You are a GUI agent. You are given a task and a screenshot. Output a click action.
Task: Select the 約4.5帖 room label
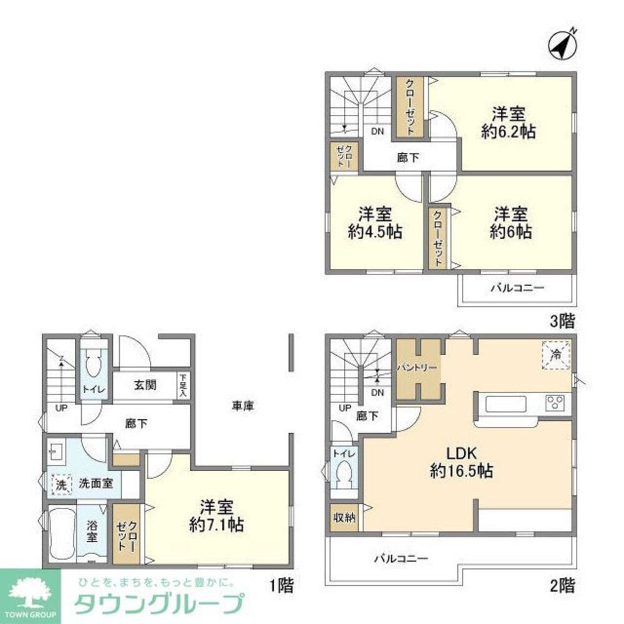tap(374, 223)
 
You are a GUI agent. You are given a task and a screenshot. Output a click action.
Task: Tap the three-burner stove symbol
tap(556, 402)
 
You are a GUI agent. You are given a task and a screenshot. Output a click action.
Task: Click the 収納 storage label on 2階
tap(344, 517)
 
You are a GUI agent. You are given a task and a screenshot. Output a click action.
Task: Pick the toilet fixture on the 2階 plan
tap(343, 478)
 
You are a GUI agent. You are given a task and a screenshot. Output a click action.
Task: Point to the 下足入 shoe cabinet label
tap(182, 386)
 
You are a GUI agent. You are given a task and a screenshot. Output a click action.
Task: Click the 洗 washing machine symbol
tap(61, 484)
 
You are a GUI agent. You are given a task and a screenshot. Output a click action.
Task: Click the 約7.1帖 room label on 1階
tap(216, 515)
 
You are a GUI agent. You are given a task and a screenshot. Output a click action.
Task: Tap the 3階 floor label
tap(562, 323)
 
